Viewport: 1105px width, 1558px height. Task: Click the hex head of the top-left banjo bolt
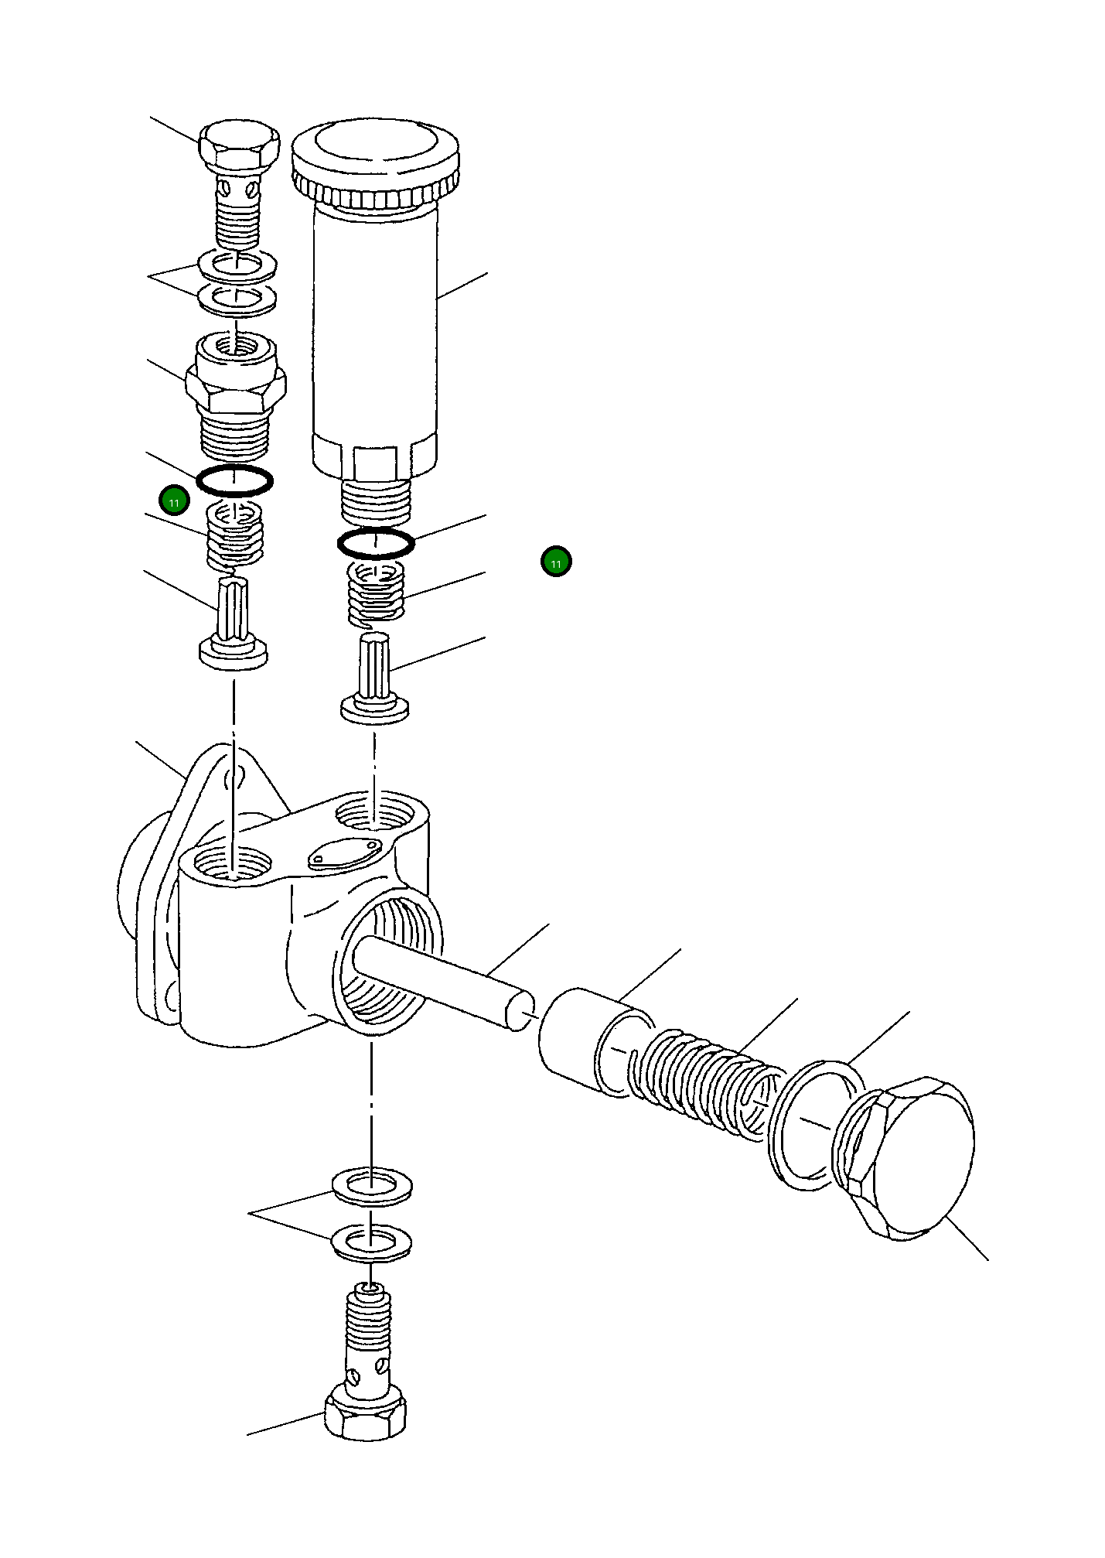click(x=237, y=147)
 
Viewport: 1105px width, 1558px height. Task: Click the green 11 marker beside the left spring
click(x=174, y=502)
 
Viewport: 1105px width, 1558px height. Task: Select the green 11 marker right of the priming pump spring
click(x=555, y=562)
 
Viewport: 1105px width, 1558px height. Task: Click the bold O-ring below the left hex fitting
click(x=234, y=480)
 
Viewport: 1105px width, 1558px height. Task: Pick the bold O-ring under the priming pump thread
click(x=376, y=543)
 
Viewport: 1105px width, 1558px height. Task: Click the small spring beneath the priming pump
click(x=376, y=592)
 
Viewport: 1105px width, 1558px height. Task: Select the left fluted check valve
click(x=234, y=627)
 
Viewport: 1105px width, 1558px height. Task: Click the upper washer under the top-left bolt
click(x=237, y=265)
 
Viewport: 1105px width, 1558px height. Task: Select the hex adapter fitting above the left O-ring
click(x=237, y=391)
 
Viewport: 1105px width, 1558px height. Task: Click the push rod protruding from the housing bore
click(x=441, y=979)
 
